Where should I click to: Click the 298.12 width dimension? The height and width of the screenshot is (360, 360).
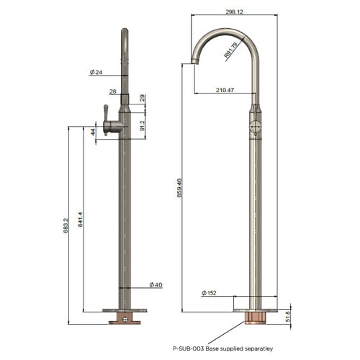(x=234, y=12)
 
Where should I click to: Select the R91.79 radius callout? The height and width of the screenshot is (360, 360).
(x=230, y=50)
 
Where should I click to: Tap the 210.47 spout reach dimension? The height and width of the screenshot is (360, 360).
(x=225, y=90)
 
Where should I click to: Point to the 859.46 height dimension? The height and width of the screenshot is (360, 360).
(x=179, y=188)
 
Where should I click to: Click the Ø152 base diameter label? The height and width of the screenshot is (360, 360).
(x=209, y=293)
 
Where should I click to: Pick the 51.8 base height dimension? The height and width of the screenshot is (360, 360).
(x=288, y=316)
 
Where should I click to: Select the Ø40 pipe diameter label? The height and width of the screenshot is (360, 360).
(x=156, y=284)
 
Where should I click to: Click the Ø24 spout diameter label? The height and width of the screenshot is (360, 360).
(x=96, y=72)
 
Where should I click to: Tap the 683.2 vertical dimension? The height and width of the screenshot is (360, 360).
(x=66, y=225)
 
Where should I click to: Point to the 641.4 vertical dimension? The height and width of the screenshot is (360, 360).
(x=81, y=220)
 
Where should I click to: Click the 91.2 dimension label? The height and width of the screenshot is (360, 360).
(x=142, y=125)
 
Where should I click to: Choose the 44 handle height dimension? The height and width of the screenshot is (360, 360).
(x=93, y=132)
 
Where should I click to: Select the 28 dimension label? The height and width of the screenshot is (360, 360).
(x=112, y=91)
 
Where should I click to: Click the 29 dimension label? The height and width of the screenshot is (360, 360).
(x=142, y=98)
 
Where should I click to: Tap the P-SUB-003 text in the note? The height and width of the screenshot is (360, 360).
(x=189, y=348)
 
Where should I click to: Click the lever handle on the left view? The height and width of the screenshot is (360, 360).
(x=106, y=120)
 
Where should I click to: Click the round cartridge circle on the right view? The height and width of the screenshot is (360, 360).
(x=256, y=127)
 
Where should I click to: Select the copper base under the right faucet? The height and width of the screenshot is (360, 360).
(x=256, y=318)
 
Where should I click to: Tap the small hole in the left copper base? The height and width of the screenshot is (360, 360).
(x=125, y=320)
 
